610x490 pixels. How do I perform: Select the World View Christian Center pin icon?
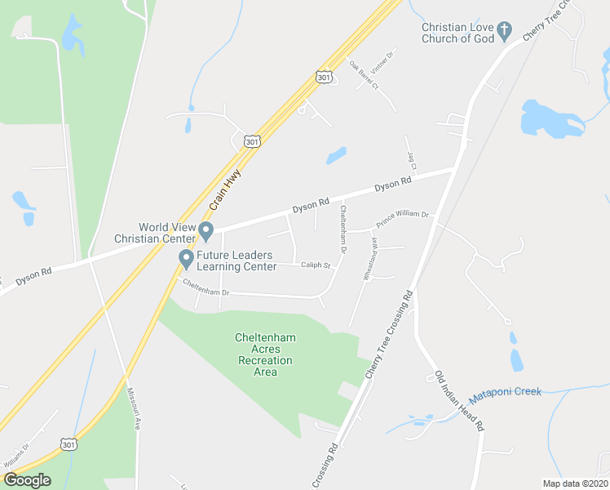point(206,232)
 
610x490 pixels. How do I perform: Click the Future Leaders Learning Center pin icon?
point(186,260)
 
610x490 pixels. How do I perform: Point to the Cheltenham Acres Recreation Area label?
point(265,354)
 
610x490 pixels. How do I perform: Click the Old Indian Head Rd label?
point(460,401)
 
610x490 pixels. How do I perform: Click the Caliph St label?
point(316,265)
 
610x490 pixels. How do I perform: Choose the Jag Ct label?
point(413,160)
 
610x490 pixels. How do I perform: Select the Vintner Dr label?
point(382,60)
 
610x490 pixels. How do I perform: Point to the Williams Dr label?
point(16,459)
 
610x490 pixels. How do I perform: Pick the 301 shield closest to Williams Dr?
point(69,443)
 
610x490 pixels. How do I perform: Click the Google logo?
point(26,480)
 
